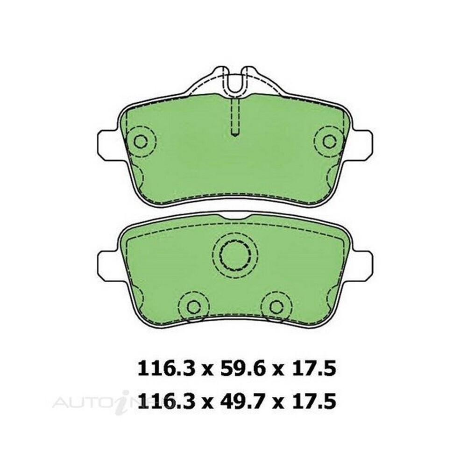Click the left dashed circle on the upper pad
coord(141,141)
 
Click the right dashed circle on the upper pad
coord(329,141)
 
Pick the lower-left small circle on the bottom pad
coord(194,306)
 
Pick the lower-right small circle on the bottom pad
coord(276,306)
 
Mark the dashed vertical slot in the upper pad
coord(236,117)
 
